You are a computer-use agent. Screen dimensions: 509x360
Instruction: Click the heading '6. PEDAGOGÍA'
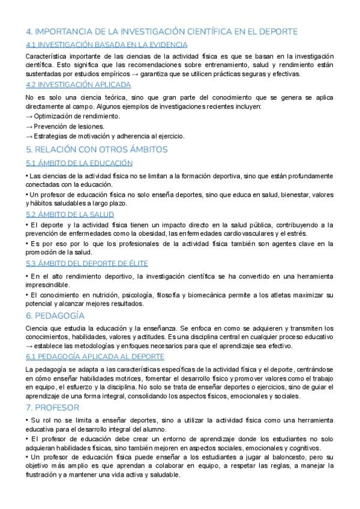[x=55, y=316]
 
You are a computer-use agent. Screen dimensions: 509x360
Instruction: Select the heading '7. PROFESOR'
[x=53, y=408]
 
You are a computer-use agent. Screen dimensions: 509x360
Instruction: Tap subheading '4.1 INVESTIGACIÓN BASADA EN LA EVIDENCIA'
[x=107, y=44]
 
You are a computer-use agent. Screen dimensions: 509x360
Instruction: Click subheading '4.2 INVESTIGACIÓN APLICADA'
[x=78, y=84]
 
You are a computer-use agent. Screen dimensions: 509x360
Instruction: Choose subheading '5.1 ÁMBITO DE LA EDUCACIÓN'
[x=79, y=163]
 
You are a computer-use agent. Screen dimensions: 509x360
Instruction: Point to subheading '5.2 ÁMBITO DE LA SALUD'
[x=70, y=214]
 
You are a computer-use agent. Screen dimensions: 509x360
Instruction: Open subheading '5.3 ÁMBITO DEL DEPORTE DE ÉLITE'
[x=87, y=263]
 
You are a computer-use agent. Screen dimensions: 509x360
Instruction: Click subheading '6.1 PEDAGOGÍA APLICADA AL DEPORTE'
[x=95, y=356]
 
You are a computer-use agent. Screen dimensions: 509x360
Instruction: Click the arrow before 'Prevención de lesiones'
[x=29, y=127]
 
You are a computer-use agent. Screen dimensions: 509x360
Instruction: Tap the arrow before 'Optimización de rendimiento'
[x=29, y=116]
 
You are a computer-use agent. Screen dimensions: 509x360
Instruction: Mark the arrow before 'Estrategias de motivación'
[x=29, y=136]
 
